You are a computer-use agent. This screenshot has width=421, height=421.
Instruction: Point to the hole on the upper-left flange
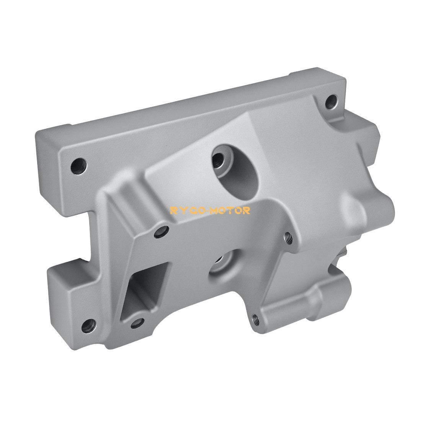(80, 166)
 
